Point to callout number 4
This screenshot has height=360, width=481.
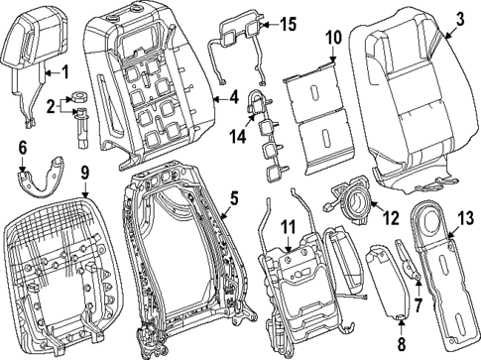click(234, 97)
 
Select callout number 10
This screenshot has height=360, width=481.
click(333, 39)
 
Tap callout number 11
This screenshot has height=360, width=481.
click(288, 227)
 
